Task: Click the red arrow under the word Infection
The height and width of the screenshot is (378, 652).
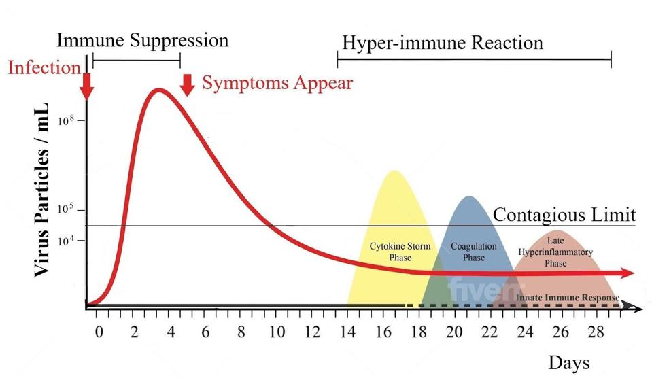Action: click(86, 86)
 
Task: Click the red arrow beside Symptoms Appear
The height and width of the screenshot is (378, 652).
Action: click(188, 85)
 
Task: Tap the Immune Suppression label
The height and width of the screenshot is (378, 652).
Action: click(142, 40)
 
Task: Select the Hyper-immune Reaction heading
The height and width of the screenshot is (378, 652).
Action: click(442, 44)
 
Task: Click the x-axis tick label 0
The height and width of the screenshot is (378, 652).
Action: click(99, 332)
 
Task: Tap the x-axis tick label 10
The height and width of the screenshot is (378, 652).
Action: click(277, 332)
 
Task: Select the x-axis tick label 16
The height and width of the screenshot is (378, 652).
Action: click(383, 332)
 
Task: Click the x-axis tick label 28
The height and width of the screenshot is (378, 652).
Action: click(596, 332)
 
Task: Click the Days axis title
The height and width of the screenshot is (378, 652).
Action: click(569, 361)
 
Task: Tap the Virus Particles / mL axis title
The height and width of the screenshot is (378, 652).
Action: click(41, 190)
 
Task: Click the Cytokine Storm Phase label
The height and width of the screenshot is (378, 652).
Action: click(400, 252)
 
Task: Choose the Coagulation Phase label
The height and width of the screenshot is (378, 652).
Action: click(474, 252)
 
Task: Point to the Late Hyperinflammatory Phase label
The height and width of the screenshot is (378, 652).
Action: click(555, 252)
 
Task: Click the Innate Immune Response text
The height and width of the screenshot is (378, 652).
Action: click(568, 298)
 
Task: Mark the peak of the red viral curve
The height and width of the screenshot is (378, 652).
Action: click(159, 90)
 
